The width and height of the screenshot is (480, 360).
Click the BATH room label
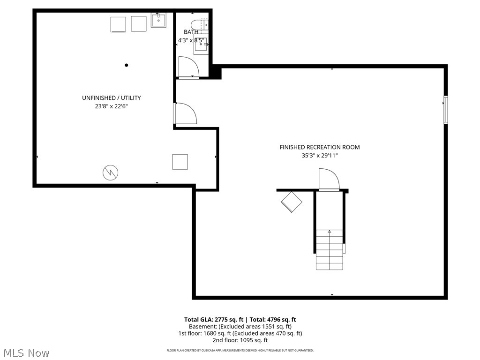(191, 32)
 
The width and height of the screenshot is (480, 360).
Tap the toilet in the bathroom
(197, 24)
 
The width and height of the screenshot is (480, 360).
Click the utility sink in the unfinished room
(158, 21)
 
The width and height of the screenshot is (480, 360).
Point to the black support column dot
(127, 65)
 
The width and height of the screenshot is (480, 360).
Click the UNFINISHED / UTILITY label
(112, 98)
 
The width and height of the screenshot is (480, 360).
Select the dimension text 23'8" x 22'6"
(112, 106)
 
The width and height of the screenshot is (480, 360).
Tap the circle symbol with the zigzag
(111, 172)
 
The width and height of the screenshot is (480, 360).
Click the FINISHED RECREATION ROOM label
(320, 147)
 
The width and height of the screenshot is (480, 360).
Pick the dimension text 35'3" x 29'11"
(320, 156)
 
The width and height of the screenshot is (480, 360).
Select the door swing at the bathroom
(189, 67)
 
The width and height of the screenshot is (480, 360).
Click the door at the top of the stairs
(328, 180)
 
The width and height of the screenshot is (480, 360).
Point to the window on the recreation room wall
(446, 110)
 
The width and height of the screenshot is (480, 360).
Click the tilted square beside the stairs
(292, 202)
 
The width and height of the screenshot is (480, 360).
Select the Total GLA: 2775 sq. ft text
(214, 320)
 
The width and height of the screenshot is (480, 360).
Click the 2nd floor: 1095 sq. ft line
(240, 340)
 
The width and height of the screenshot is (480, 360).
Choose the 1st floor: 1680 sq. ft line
(240, 333)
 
